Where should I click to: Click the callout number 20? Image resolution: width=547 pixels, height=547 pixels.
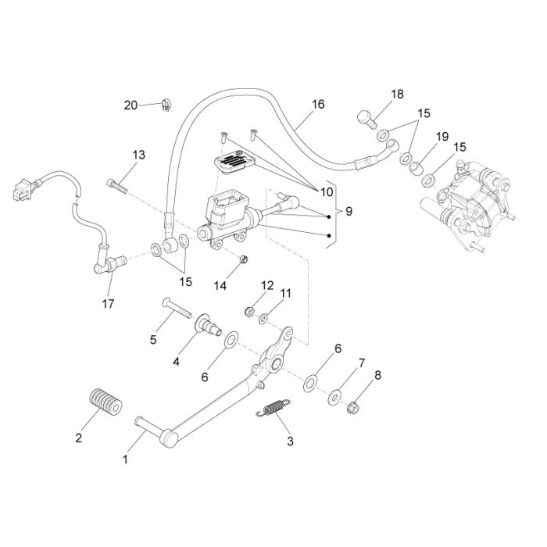pyautogui.click(x=130, y=105)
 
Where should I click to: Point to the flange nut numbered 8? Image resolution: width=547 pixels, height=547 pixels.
pyautogui.click(x=353, y=407)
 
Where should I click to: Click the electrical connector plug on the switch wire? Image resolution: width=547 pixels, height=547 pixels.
pyautogui.click(x=22, y=189)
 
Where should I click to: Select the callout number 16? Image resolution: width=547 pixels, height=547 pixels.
pyautogui.click(x=318, y=104)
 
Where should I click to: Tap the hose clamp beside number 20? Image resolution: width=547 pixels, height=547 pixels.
pyautogui.click(x=166, y=105)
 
